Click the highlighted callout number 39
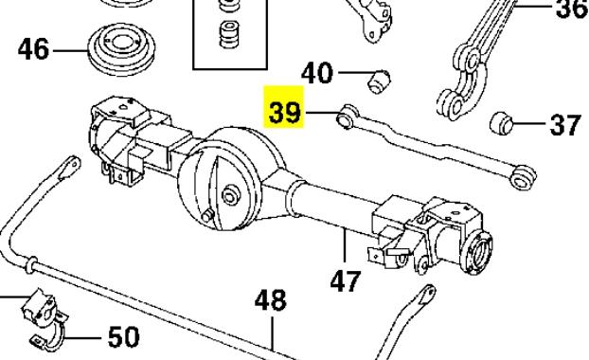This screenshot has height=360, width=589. pos(285,113)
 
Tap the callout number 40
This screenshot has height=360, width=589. pos(317,73)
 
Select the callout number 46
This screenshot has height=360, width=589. pos(33,49)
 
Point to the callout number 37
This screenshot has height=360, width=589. pos(565,125)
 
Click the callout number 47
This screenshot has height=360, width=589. pos(346,280)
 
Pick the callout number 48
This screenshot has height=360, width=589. pos(271,299)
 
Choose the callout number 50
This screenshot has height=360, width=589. pos(124,336)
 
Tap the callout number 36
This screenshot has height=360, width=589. pos(572,9)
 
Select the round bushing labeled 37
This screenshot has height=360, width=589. pos(502,122)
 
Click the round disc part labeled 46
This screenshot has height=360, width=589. pos(122,49)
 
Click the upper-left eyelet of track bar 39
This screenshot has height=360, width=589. pos(347,117)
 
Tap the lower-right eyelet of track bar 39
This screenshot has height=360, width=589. pos(523,178)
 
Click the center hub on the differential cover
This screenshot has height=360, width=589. pos(229,196)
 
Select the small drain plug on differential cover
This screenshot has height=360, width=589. pos(207,217)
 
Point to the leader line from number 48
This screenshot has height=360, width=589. pos(273,333)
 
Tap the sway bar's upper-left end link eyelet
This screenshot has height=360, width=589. pos(71,167)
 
